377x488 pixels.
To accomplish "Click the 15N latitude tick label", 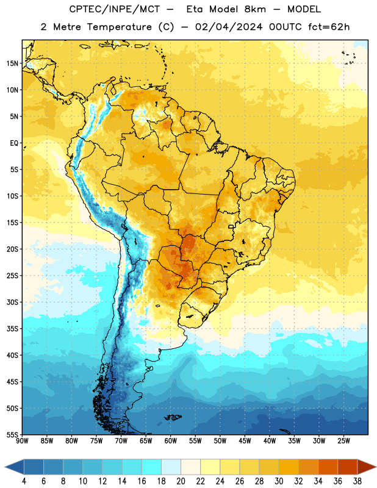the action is [12, 63].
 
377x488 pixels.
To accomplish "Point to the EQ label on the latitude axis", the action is [14, 143].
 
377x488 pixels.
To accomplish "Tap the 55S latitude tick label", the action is [12, 434].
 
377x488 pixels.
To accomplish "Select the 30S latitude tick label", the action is [12, 302].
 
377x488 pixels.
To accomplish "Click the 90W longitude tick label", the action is [22, 440].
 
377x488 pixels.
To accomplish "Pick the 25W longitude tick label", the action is [343, 440].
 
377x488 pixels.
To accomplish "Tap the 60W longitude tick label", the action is [171, 440].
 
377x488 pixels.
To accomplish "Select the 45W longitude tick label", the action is [245, 440].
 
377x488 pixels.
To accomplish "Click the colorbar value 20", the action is [181, 481].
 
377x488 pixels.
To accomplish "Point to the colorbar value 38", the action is [357, 481].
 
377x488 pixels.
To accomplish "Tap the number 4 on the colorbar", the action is [24, 481].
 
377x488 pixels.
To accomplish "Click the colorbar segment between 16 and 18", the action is [151, 467].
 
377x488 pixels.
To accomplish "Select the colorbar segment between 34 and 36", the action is [328, 467].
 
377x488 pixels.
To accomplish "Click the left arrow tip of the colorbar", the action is [5, 467].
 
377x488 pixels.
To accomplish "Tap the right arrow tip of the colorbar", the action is [376, 467].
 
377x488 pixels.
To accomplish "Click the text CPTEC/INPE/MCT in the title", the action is [115, 9].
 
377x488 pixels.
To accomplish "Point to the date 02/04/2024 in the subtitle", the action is [229, 27].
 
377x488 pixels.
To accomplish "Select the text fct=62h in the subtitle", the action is [329, 27].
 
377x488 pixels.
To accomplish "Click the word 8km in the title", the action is [255, 9].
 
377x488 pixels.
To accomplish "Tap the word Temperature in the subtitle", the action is [119, 27].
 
